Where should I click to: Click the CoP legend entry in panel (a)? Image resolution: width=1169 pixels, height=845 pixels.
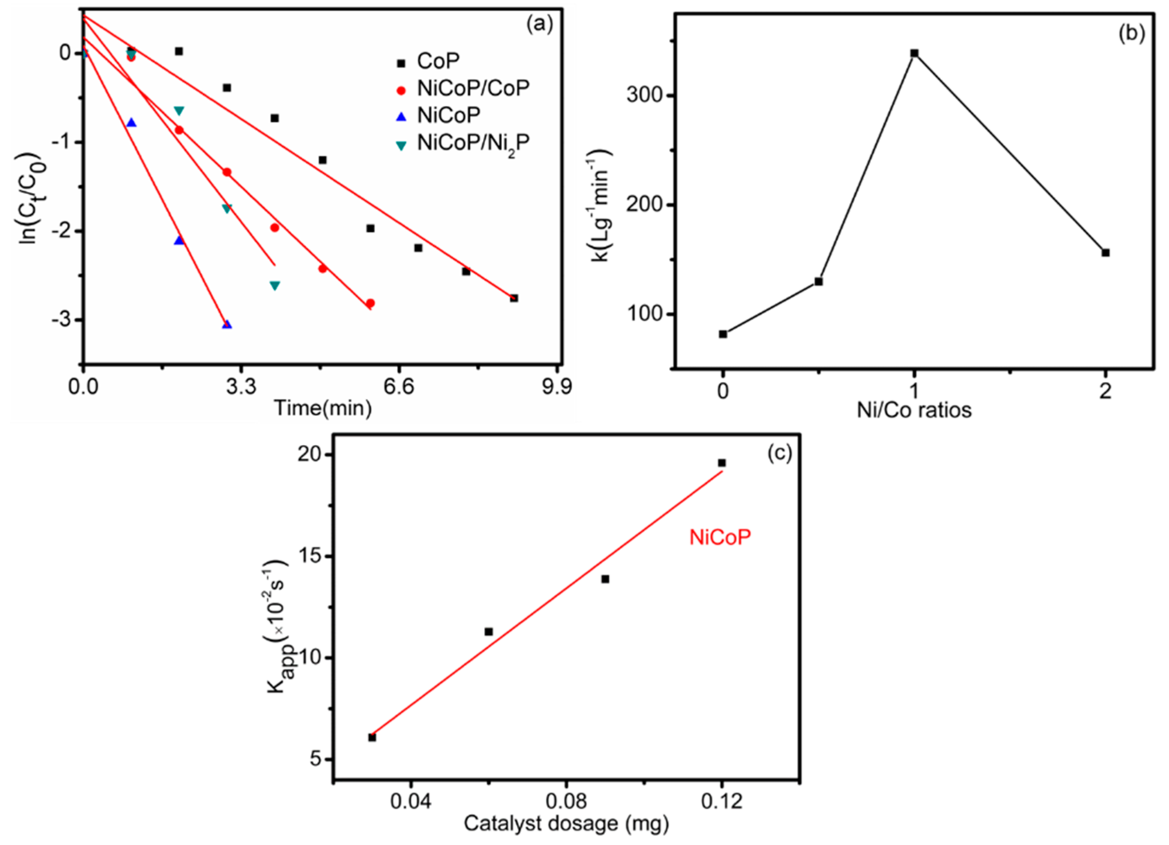(x=438, y=61)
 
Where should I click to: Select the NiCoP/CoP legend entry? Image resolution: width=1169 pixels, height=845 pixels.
(x=473, y=89)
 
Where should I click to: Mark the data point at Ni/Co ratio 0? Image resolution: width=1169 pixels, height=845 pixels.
(x=723, y=334)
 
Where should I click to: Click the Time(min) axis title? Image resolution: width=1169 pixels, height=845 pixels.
(x=323, y=408)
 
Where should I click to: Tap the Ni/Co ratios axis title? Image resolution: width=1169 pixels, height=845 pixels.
(x=914, y=410)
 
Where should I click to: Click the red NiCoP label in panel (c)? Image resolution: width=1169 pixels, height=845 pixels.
(x=720, y=537)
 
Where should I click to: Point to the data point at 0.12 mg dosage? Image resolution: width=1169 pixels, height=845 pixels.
(x=722, y=463)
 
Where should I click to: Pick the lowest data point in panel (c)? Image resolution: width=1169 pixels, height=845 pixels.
(x=372, y=738)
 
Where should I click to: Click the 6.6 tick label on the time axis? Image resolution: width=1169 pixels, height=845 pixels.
(x=399, y=387)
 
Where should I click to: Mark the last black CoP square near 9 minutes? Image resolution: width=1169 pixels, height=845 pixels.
(x=514, y=298)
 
